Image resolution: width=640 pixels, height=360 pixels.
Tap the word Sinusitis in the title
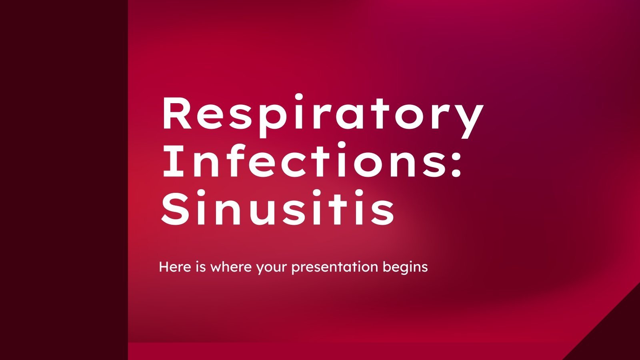click(278, 210)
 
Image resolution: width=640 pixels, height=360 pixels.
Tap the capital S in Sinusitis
click(174, 210)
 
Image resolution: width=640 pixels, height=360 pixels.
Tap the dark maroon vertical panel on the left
click(64, 180)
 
